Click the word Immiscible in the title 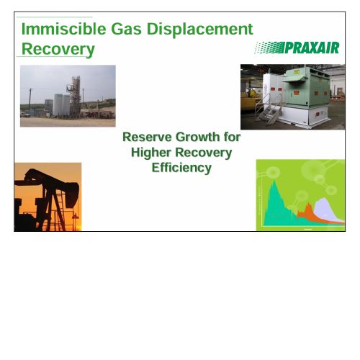[x=64, y=29]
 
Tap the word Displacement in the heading [x=199, y=30]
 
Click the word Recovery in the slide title [x=58, y=50]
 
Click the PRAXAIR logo [x=297, y=48]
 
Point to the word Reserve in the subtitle [x=147, y=137]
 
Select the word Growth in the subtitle [x=198, y=138]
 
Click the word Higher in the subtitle [x=151, y=153]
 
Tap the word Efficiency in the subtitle [x=181, y=168]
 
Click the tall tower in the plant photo [x=75, y=96]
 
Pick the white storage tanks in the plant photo [x=61, y=105]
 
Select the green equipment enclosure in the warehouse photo [x=307, y=87]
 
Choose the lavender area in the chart [x=327, y=208]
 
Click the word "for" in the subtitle [x=232, y=137]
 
